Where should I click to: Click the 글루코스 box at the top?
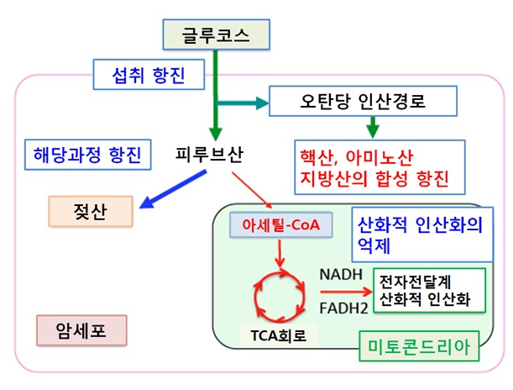216,36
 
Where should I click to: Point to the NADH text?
339,275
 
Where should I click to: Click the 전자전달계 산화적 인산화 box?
426,292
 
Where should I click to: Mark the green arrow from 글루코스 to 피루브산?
216,92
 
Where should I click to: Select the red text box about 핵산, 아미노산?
374,166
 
